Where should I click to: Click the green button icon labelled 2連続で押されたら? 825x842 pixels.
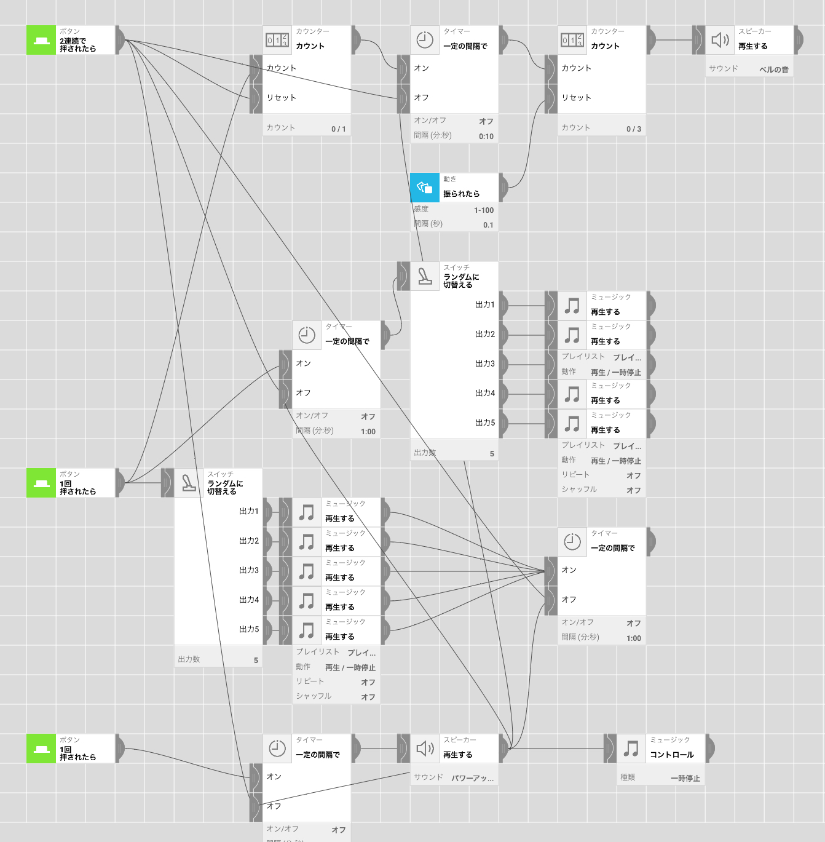tap(41, 40)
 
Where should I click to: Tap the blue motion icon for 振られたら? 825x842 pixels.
tap(425, 188)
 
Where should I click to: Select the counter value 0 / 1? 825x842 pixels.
tap(338, 129)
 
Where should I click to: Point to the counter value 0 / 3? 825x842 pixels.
tap(633, 129)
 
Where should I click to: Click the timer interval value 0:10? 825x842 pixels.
tap(486, 136)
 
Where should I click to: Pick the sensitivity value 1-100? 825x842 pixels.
tap(483, 210)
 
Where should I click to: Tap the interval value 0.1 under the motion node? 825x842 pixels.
tap(488, 224)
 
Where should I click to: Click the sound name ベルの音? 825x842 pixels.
tap(773, 70)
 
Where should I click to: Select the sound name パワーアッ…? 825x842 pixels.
tap(472, 778)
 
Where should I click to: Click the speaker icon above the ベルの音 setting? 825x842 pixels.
tap(720, 40)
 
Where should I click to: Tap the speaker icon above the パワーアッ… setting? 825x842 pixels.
tap(425, 749)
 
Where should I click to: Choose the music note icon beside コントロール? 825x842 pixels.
tap(631, 749)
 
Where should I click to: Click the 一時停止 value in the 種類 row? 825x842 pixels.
tap(685, 778)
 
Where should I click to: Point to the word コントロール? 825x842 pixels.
tap(671, 755)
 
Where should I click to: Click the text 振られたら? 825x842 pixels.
tap(461, 194)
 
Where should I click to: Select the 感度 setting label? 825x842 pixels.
tap(421, 209)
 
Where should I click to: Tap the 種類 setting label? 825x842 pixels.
tap(628, 777)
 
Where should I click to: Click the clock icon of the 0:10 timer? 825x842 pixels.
tap(425, 40)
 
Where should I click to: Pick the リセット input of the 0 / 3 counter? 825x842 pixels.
tap(576, 97)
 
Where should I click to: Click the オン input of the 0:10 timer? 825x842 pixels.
tap(421, 68)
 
